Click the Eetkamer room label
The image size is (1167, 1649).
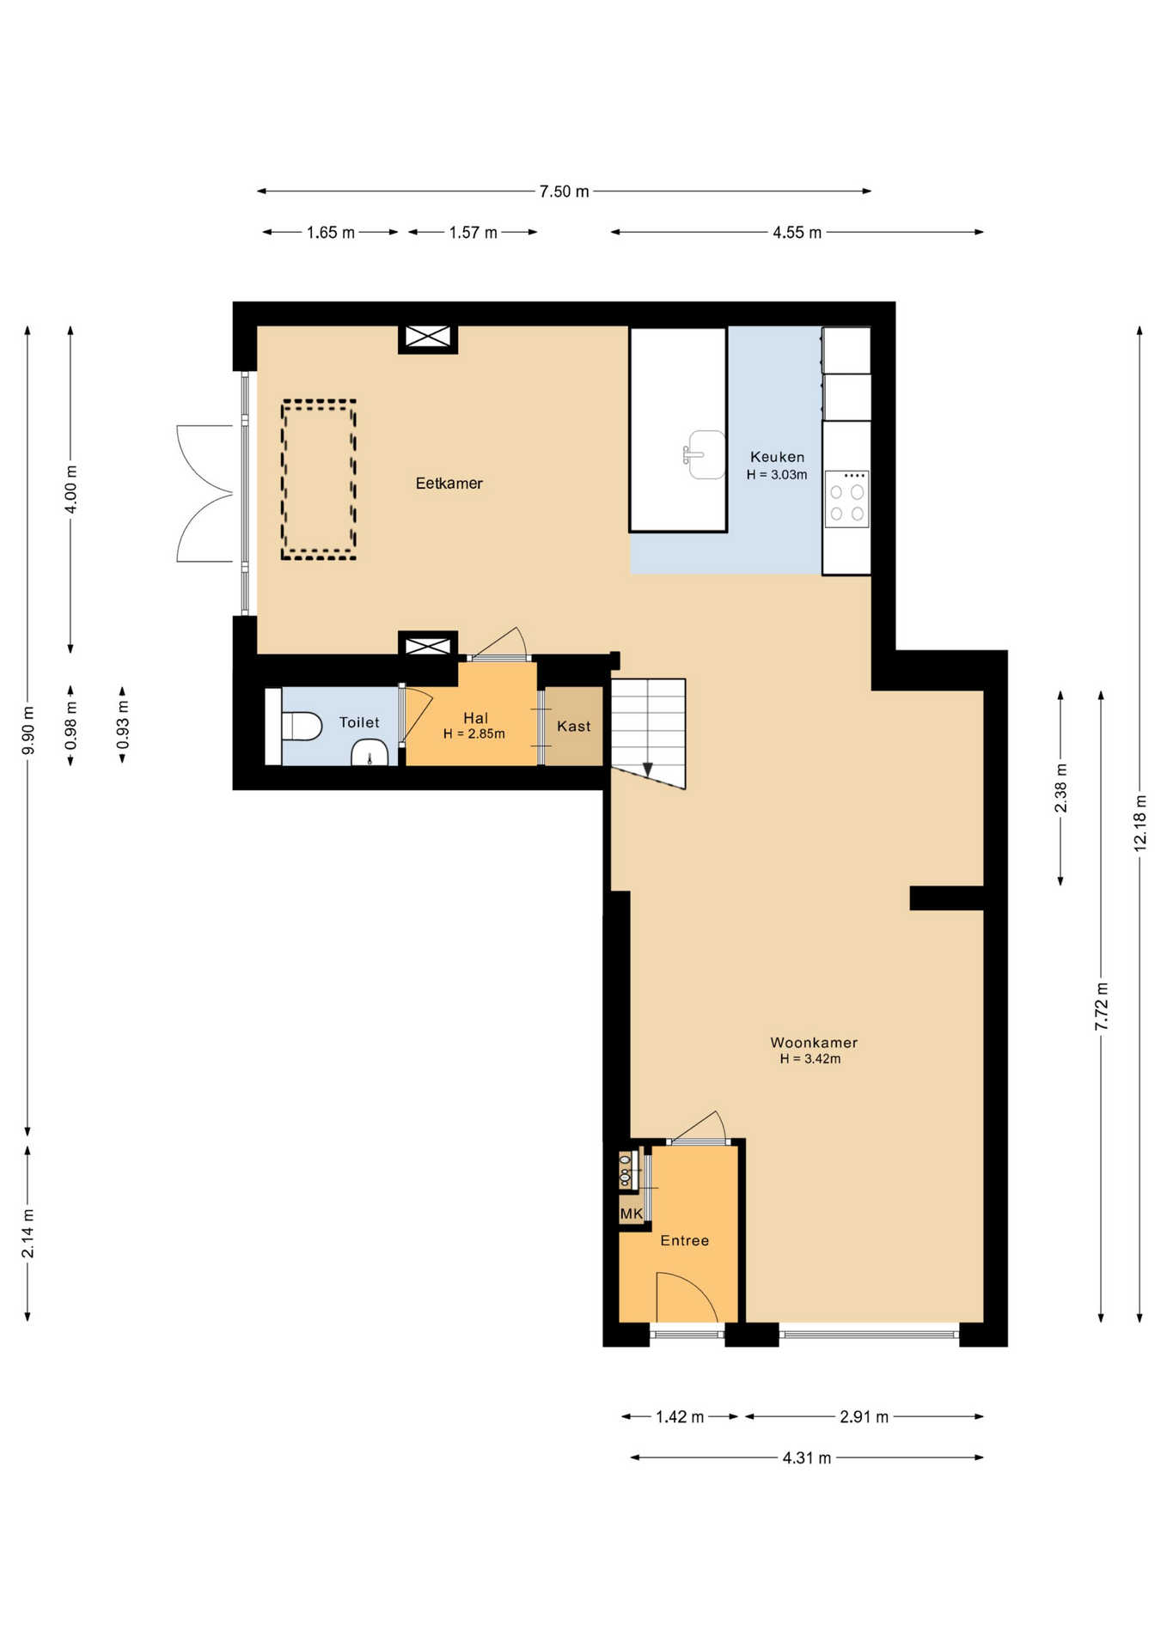[x=449, y=484]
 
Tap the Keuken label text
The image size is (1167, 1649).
[x=777, y=457]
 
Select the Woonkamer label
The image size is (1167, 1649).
[x=814, y=1043]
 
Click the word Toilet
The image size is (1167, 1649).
[x=359, y=722]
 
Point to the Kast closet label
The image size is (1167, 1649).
[x=573, y=726]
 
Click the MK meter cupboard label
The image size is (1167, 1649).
[x=632, y=1214]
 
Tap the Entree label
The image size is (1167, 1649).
[x=685, y=1240]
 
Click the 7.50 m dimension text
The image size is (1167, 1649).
[x=565, y=192]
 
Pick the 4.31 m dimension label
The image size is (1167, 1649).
[x=807, y=1457]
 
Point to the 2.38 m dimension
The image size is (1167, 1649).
[x=1061, y=788]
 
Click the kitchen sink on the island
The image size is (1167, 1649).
[x=706, y=454]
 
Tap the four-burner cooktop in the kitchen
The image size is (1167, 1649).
[x=846, y=498]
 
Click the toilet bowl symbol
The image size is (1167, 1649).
[x=301, y=726]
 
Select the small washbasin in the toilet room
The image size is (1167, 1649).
[x=370, y=752]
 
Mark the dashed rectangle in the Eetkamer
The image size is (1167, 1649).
[x=319, y=480]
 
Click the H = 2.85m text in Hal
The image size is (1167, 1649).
[x=474, y=733]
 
